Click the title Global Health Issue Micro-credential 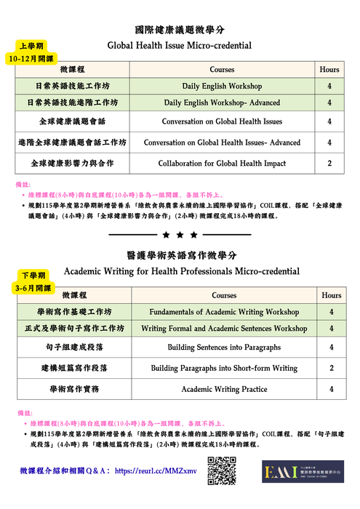180,46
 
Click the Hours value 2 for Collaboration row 329,164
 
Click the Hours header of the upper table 329,70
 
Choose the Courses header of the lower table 224,296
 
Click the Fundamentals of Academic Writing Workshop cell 224,312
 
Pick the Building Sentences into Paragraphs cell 224,348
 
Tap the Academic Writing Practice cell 224,389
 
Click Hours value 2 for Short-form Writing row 331,369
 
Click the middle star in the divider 179,236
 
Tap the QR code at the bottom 222,470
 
